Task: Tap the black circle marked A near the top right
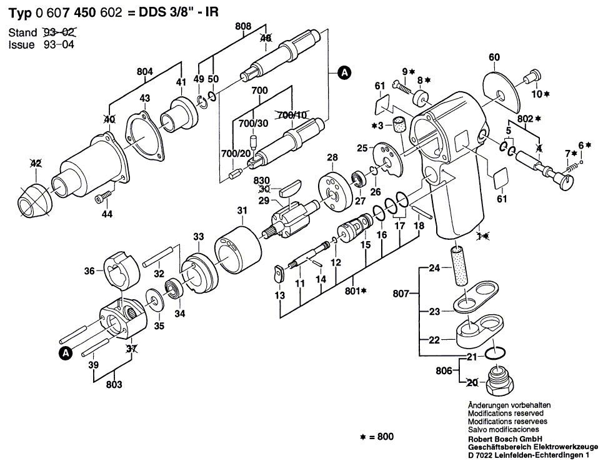[344, 73]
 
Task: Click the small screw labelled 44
[103, 199]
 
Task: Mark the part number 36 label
[89, 270]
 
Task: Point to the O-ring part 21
[495, 354]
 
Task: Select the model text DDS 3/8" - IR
[184, 11]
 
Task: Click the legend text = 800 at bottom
[377, 437]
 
